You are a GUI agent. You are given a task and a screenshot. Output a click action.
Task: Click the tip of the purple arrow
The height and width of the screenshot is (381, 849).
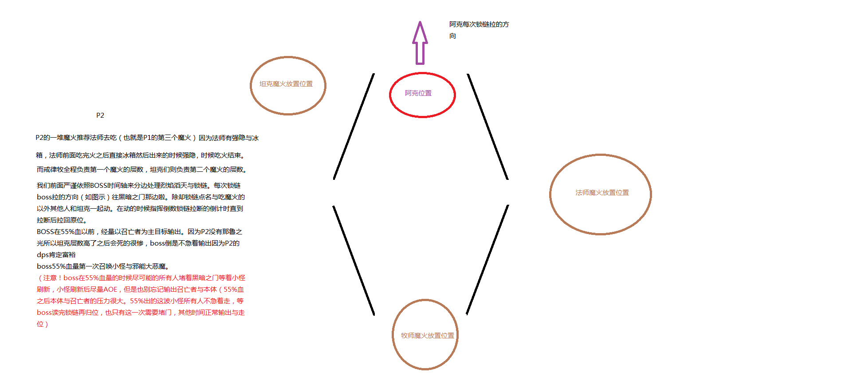tap(420, 21)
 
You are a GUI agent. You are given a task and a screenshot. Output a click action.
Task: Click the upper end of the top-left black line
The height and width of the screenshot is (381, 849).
tap(374, 74)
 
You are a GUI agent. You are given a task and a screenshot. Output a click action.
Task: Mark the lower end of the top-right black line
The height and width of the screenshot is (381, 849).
tap(507, 179)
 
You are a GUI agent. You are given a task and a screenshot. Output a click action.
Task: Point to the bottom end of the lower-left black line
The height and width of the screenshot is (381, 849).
tap(374, 315)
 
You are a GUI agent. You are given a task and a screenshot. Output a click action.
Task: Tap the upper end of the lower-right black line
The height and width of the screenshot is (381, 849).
tap(508, 205)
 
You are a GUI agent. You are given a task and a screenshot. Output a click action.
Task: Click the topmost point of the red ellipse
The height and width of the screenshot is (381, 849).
tap(422, 73)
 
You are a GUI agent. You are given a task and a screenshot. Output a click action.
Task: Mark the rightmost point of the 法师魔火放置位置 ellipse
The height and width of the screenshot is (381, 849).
tap(651, 194)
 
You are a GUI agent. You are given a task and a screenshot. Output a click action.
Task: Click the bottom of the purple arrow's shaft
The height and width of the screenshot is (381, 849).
tap(420, 64)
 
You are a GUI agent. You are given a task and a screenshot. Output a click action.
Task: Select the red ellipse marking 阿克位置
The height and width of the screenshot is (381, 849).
tap(389, 95)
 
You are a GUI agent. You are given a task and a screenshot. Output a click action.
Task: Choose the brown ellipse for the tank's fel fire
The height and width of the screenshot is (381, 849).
tap(251, 86)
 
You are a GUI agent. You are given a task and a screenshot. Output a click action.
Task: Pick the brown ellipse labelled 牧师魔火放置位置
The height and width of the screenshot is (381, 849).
tap(393, 334)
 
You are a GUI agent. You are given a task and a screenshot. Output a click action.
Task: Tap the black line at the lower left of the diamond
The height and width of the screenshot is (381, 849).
tap(354, 260)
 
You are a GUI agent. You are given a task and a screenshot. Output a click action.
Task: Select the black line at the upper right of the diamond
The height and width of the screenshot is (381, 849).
tap(487, 127)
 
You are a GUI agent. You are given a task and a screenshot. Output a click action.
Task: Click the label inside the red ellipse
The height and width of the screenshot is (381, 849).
tap(418, 93)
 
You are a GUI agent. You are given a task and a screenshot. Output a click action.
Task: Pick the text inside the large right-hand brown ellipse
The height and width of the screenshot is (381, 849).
tap(602, 193)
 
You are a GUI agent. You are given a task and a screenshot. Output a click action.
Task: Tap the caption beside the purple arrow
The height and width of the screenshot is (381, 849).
tap(479, 30)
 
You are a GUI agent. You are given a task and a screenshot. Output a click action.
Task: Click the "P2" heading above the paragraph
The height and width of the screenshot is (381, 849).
tap(100, 115)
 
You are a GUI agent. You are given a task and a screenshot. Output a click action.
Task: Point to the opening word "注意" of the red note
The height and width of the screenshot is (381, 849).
tap(50, 278)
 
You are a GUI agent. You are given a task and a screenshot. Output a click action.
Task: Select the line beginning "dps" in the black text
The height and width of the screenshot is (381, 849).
tap(56, 255)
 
